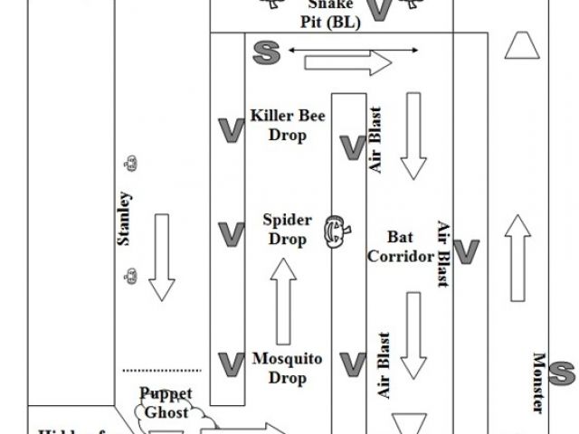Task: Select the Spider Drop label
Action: [x=287, y=230]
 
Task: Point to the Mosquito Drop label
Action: [x=287, y=366]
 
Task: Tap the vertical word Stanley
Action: [x=125, y=220]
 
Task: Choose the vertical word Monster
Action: [x=538, y=382]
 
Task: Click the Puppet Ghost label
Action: [x=166, y=402]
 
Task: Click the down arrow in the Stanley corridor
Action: [x=163, y=257]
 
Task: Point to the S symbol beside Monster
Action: [x=563, y=372]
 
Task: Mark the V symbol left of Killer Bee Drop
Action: [x=232, y=130]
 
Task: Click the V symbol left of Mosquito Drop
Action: [x=232, y=363]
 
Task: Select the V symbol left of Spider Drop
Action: [x=232, y=234]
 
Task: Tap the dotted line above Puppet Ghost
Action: [x=162, y=371]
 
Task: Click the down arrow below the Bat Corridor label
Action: [x=413, y=335]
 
